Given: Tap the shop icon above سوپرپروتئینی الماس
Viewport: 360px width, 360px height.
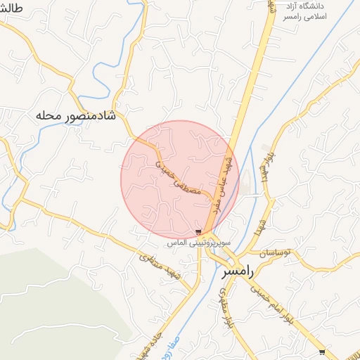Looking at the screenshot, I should click(x=198, y=231).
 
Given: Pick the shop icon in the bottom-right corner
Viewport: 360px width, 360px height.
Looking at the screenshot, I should click(x=322, y=352).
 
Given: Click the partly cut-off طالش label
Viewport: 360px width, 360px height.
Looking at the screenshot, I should click(x=13, y=8).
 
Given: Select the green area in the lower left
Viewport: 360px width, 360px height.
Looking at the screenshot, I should click(x=56, y=302).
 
